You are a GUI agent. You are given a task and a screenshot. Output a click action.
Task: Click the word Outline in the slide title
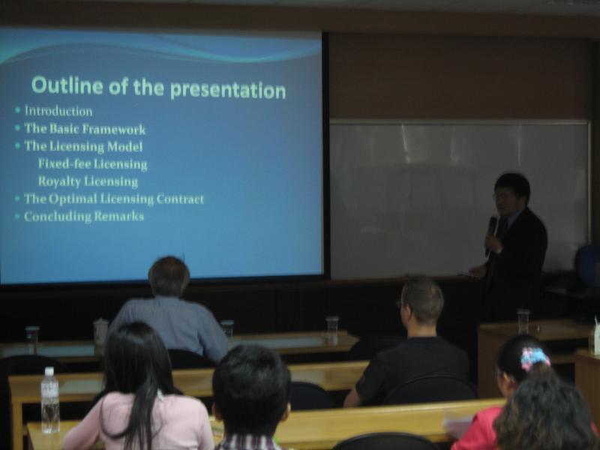67,85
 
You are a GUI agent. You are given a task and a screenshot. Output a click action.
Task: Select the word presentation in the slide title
228,90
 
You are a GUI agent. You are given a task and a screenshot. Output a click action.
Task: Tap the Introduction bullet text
58,111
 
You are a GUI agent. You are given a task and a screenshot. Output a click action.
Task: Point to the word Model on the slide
124,146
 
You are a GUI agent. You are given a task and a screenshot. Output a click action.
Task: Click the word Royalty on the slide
59,181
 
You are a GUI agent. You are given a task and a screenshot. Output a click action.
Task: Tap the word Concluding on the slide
58,217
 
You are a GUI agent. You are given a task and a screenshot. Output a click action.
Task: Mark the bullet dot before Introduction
17,110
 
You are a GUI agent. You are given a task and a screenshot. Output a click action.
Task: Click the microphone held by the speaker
491,234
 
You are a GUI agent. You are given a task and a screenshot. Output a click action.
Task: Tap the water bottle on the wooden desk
50,400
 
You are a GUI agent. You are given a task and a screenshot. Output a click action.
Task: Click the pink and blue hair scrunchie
535,359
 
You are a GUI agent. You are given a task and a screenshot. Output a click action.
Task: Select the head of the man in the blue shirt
169,277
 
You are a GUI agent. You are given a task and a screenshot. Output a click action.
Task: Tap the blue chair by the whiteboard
588,266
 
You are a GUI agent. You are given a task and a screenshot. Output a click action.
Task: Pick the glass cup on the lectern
523,322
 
